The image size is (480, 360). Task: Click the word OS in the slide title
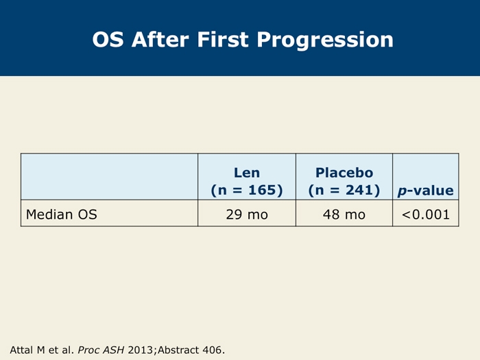[108, 40]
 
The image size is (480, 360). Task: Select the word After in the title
[160, 40]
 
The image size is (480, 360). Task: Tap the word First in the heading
[223, 40]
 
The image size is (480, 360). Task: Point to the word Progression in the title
[325, 40]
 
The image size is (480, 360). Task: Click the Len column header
[247, 173]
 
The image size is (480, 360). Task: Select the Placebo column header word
[344, 173]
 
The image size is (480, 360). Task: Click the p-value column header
[426, 191]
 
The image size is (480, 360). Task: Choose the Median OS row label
[62, 214]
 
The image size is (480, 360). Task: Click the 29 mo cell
[247, 214]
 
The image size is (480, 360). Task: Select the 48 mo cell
[344, 214]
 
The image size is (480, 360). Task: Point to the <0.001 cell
[426, 214]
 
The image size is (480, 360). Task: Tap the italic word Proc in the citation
[88, 350]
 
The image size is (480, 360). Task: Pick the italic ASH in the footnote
[113, 350]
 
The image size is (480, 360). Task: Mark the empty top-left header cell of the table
[109, 177]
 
